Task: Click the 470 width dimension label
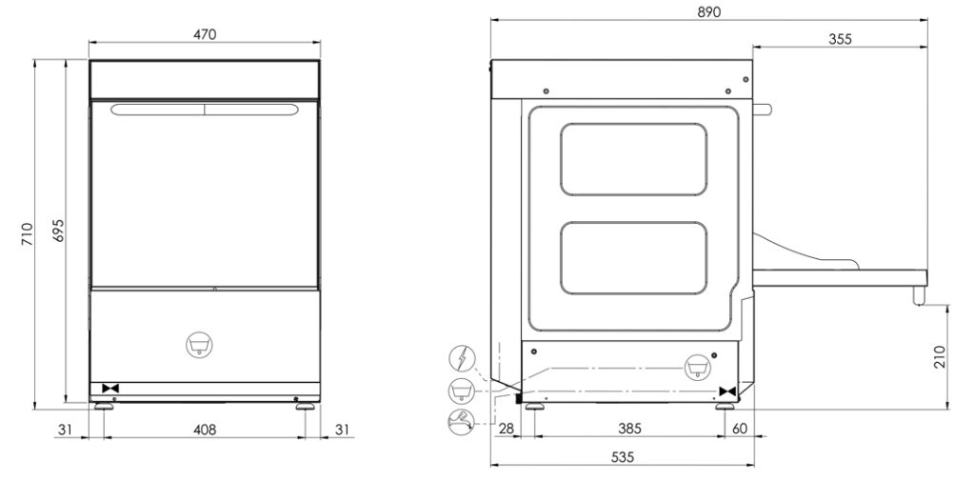[205, 34]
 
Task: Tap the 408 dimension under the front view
[205, 430]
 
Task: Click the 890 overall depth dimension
[708, 12]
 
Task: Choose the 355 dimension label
[839, 39]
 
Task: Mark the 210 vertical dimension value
[940, 357]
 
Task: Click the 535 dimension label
[621, 457]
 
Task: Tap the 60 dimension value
[740, 430]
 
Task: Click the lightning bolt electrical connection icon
[461, 360]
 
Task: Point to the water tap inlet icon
[461, 420]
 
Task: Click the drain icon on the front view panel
[199, 344]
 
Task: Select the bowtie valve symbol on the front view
[109, 389]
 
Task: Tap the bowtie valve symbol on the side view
[728, 392]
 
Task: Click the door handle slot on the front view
[204, 110]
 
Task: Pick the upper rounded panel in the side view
[633, 159]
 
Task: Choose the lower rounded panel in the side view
[633, 258]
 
